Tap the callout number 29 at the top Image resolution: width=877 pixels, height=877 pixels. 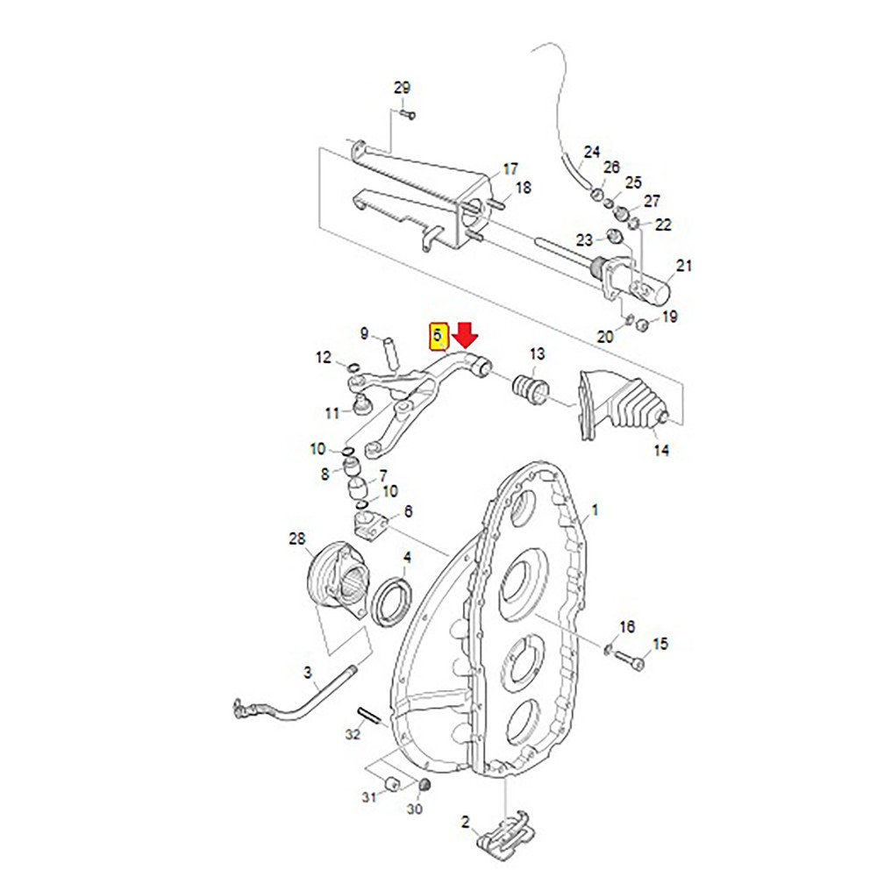[x=402, y=88]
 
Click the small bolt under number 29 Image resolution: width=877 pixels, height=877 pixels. [x=405, y=113]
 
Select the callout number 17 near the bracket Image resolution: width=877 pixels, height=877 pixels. [x=510, y=169]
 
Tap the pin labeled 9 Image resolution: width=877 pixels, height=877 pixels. [x=391, y=353]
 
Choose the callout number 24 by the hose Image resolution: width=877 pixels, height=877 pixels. [x=592, y=151]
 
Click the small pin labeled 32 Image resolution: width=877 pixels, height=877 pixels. [x=369, y=717]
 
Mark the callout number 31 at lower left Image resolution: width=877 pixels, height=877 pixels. [x=369, y=796]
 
